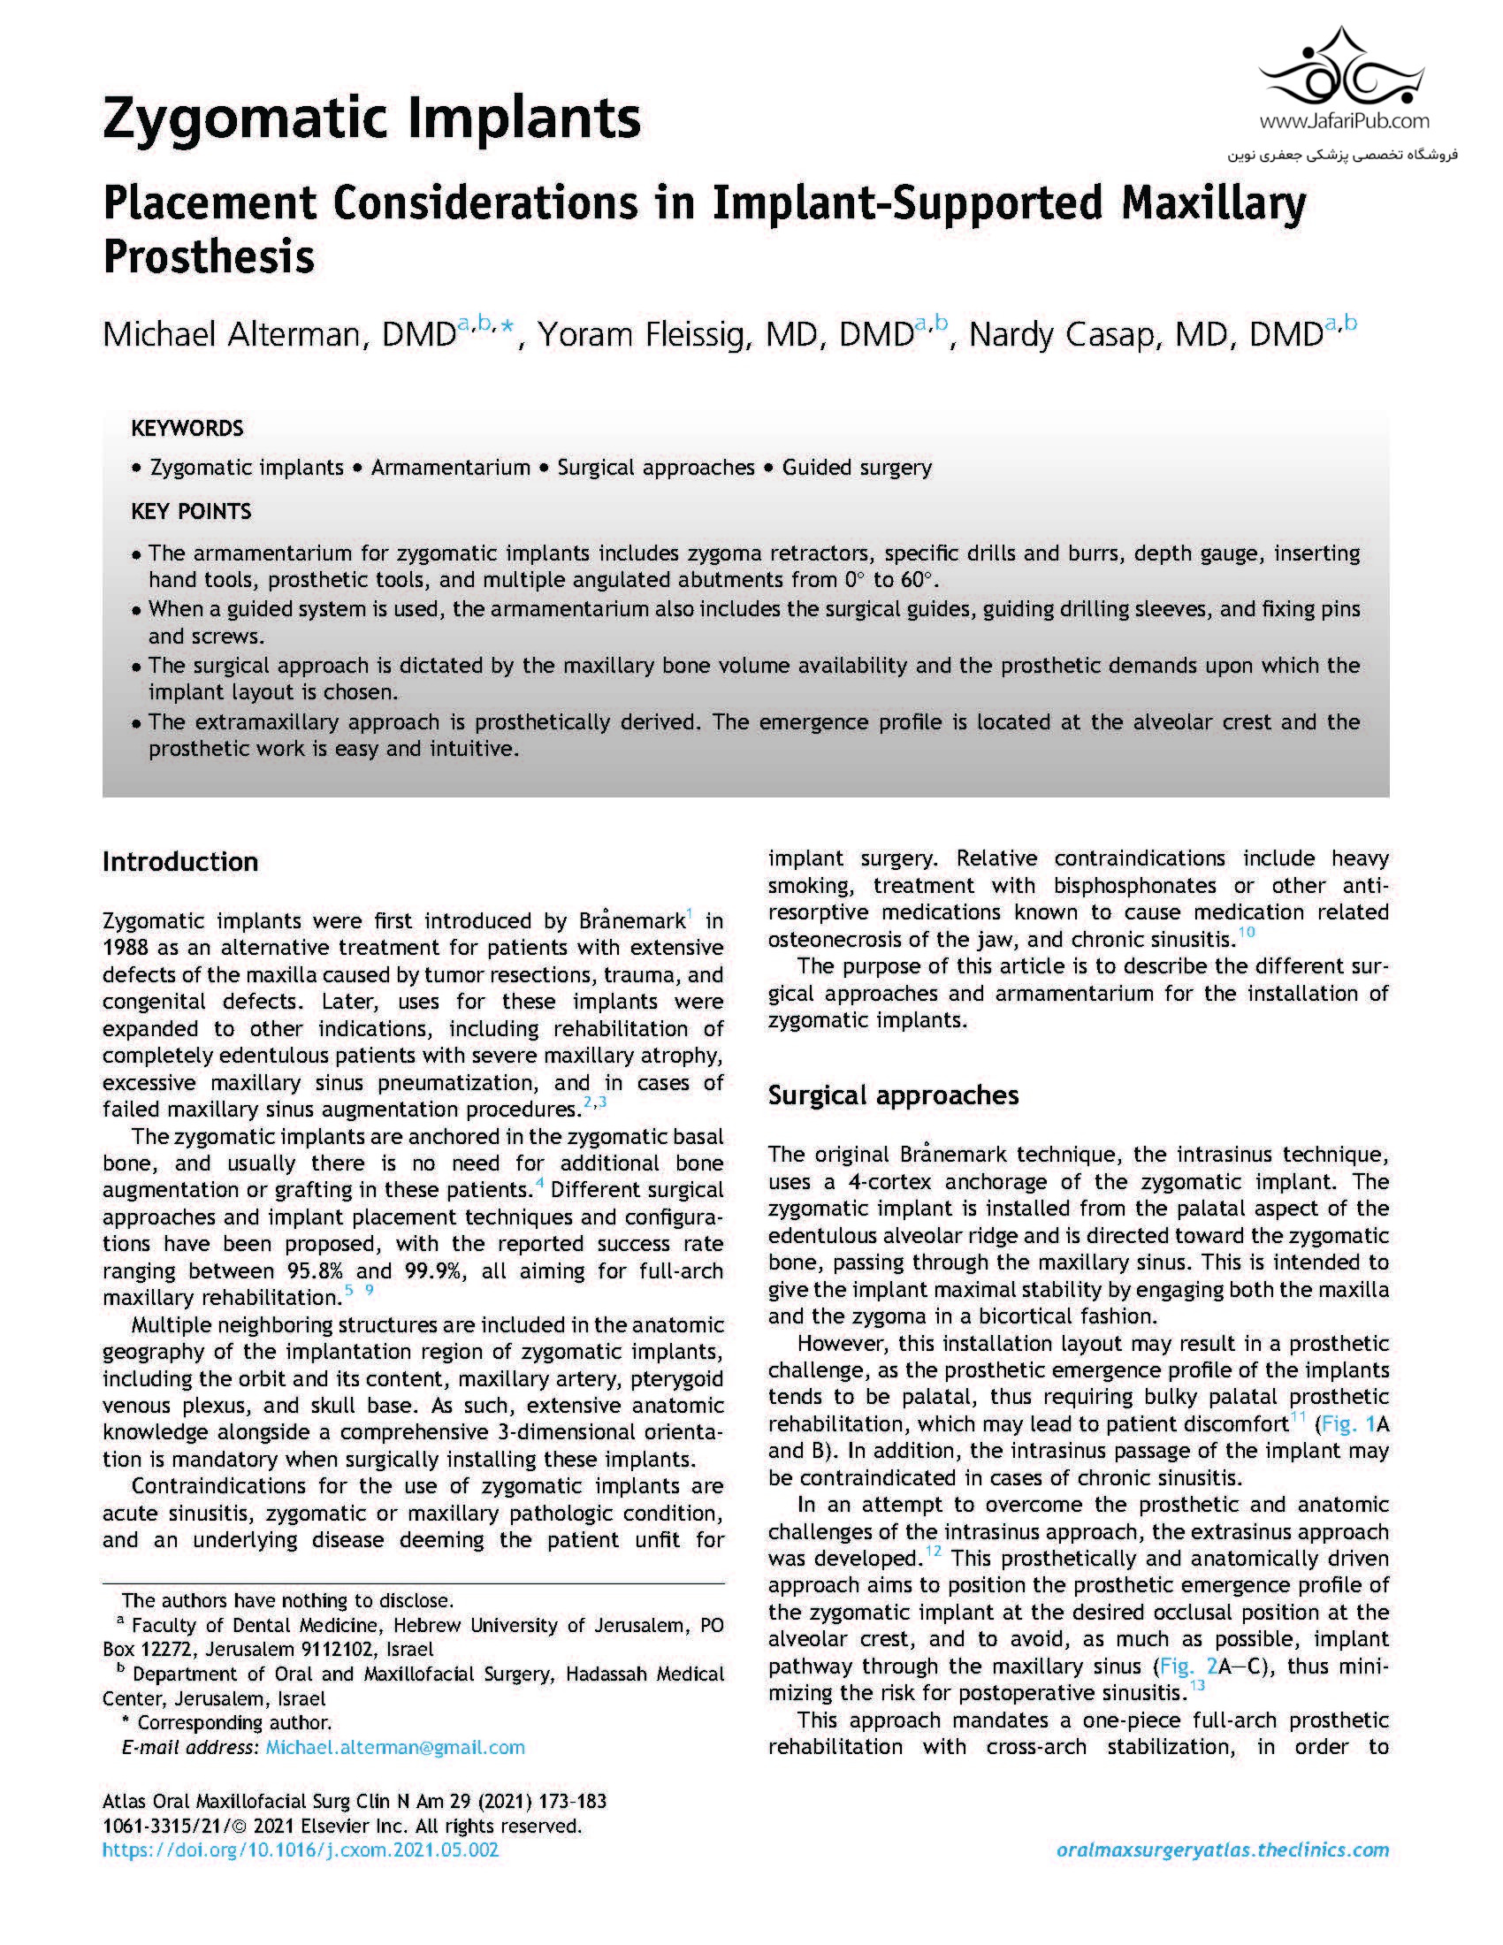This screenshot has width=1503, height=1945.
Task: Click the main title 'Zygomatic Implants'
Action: tap(371, 118)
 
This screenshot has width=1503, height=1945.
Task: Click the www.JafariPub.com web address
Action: tap(1344, 122)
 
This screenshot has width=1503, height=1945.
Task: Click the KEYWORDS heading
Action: tap(186, 429)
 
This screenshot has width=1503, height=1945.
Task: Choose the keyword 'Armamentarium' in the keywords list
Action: tap(450, 468)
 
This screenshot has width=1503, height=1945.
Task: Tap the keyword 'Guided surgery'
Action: tap(857, 468)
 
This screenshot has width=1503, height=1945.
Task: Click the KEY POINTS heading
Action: tap(191, 511)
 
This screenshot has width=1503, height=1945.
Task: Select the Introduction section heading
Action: tap(179, 861)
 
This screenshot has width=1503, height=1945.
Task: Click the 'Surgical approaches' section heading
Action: tap(893, 1095)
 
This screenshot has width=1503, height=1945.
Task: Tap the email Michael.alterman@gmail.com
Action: tap(395, 1747)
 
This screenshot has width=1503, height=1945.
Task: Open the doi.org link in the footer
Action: tap(300, 1850)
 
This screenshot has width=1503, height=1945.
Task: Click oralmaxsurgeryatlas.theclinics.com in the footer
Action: tap(1223, 1850)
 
